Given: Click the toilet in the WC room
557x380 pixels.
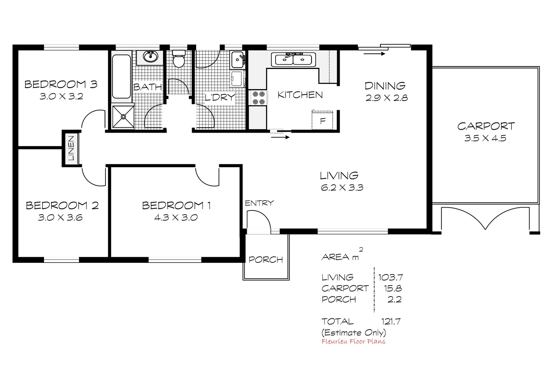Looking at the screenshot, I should click(179, 59).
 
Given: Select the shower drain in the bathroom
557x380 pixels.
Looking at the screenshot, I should click(123, 116).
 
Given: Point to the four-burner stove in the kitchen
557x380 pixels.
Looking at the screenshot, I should click(259, 98).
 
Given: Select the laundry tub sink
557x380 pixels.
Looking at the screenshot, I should click(238, 59).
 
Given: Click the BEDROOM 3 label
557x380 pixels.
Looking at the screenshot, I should click(61, 84).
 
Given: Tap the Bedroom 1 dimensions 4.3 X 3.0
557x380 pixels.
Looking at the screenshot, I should click(176, 217).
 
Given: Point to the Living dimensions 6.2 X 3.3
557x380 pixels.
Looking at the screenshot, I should click(342, 188).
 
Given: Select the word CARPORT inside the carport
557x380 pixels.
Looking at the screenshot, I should click(486, 126).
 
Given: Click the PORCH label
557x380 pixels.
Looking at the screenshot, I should click(266, 260).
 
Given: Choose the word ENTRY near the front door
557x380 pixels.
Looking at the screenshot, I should click(259, 203).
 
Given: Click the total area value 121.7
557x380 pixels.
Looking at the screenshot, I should click(391, 321).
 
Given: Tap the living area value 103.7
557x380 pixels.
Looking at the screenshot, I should click(390, 277).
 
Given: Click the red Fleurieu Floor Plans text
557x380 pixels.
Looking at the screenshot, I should click(353, 341).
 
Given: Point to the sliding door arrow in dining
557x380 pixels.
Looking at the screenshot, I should click(374, 54).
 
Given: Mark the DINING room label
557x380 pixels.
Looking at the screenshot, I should click(385, 85).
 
